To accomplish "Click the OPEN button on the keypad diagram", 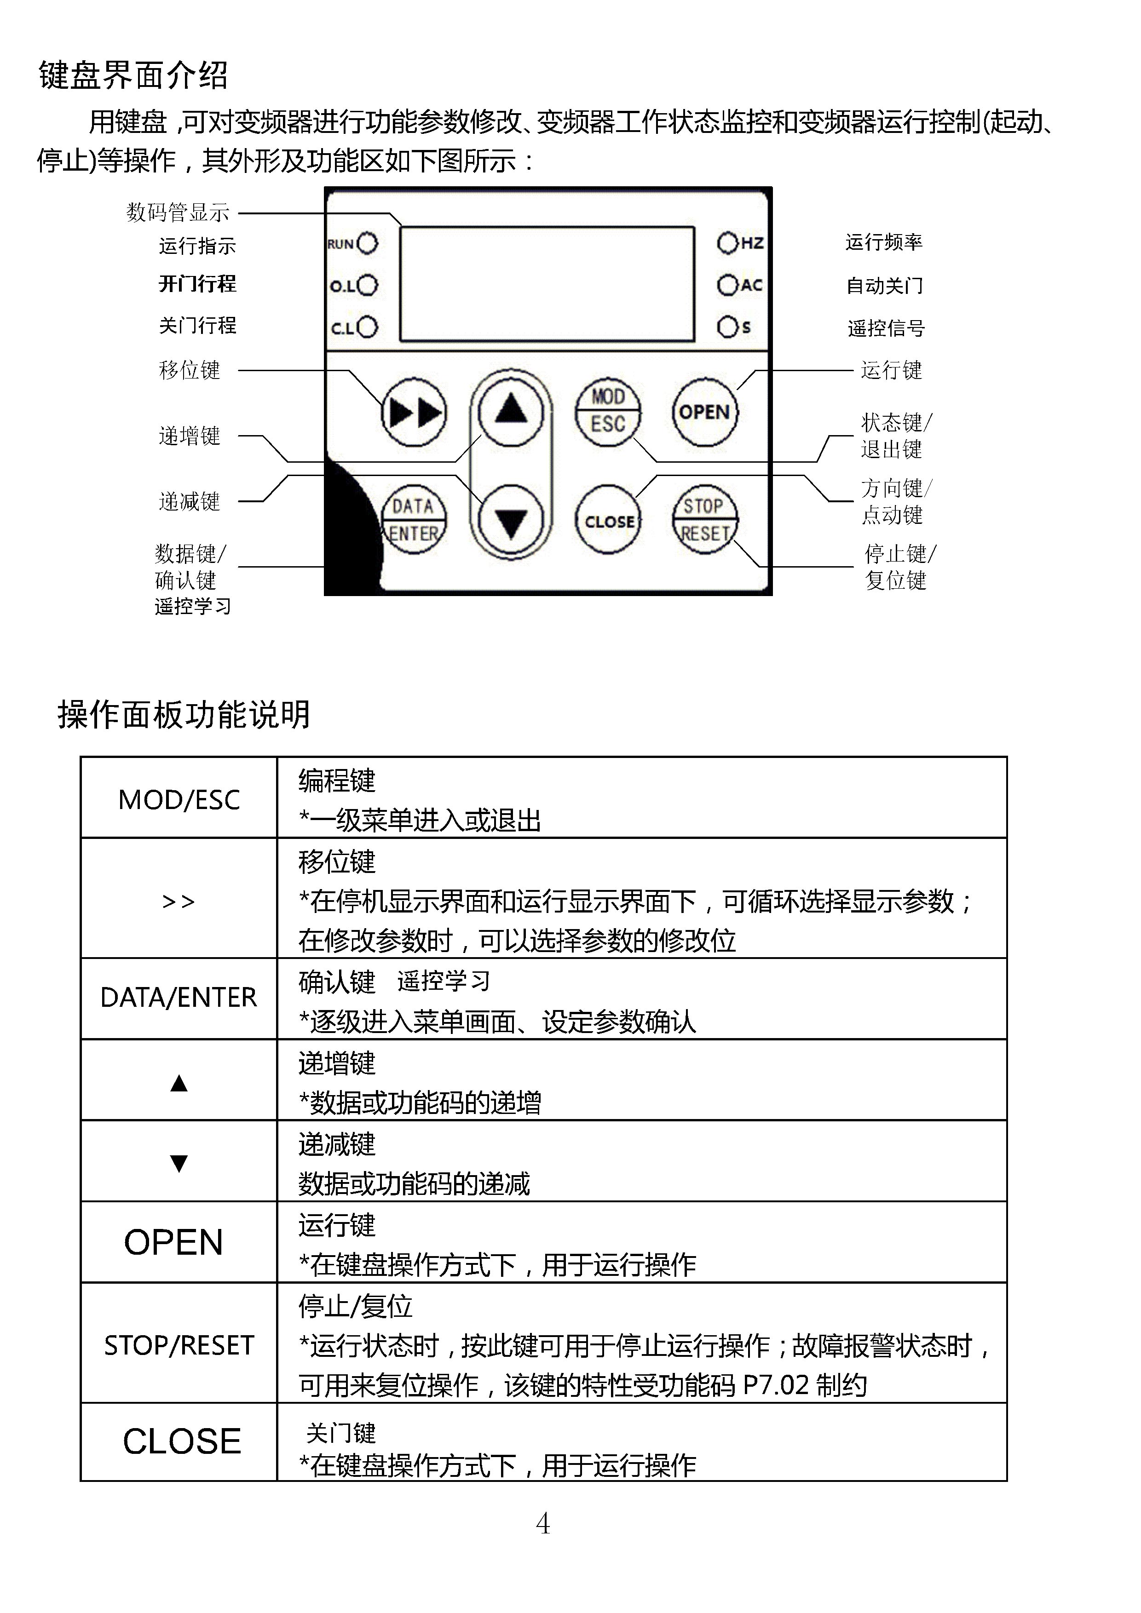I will [705, 413].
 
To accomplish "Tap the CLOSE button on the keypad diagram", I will [608, 521].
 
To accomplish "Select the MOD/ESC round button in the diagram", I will [608, 411].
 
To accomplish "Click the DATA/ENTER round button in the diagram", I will [414, 520].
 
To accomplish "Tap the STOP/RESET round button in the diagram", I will [705, 520].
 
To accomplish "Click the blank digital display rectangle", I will [547, 284].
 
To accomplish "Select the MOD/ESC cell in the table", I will [179, 799].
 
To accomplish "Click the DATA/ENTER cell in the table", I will [179, 998].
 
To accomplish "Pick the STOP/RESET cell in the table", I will [179, 1345].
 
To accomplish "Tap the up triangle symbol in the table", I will [179, 1083].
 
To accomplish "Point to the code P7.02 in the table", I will [776, 1385].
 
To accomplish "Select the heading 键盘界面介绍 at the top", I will [133, 75].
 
